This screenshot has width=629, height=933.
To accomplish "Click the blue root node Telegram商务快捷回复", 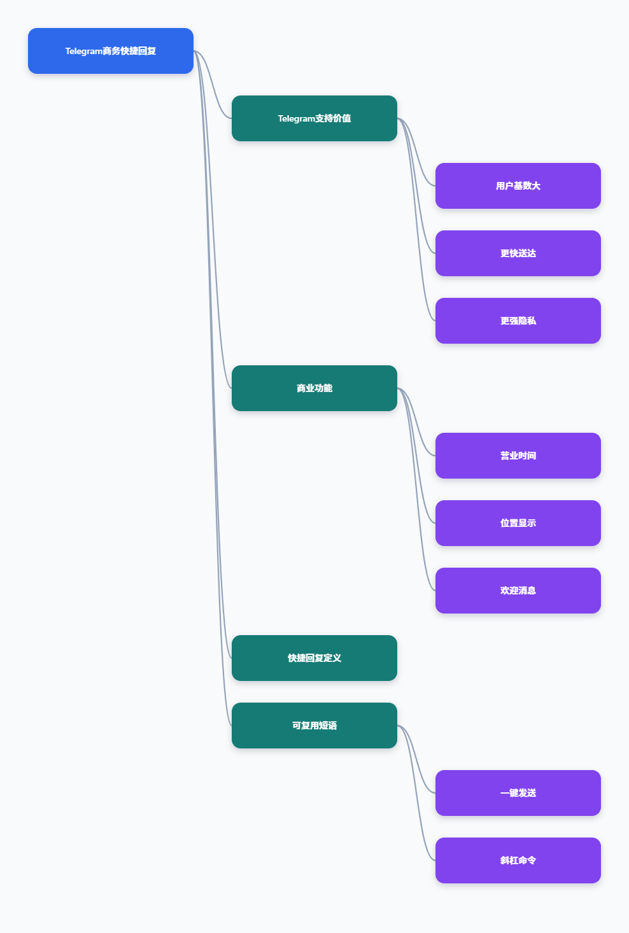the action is tap(110, 51).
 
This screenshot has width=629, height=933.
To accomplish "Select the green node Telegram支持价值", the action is tap(314, 118).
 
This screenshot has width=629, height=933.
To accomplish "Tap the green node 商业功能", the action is tap(314, 388).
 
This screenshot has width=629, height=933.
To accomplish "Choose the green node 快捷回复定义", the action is tap(314, 658).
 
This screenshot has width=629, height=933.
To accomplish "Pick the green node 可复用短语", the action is tap(314, 726).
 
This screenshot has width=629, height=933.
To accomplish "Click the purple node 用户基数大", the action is tap(518, 186).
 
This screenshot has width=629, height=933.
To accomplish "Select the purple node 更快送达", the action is tap(518, 253).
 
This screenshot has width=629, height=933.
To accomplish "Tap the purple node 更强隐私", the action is tap(518, 321).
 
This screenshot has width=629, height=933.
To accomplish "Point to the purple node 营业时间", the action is tap(518, 456).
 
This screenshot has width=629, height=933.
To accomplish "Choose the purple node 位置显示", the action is tap(518, 523).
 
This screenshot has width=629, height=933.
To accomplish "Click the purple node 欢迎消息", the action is tap(518, 591).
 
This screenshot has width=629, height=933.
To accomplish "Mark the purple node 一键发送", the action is tap(518, 793).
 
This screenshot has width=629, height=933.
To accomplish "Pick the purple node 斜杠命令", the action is tap(518, 860).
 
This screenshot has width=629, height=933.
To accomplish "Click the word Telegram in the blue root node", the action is tap(84, 51).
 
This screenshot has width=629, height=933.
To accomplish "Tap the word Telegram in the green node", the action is tap(296, 119).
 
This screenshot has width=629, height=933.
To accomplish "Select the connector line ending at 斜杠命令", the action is tap(416, 793).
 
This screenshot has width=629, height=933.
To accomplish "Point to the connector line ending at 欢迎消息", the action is tap(416, 489).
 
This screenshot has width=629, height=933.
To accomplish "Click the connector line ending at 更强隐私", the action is tap(416, 220).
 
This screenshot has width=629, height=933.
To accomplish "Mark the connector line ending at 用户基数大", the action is tap(416, 152).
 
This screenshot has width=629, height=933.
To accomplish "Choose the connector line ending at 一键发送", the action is tap(416, 759).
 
